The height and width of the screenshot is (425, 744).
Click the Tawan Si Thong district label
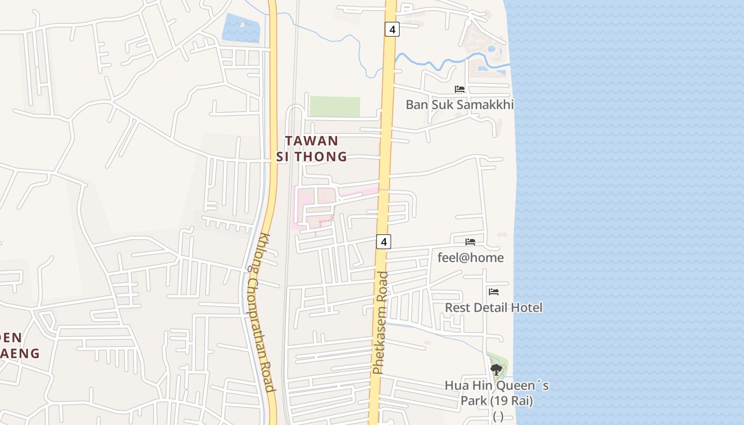(311, 149)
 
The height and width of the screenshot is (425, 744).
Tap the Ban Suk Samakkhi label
(460, 105)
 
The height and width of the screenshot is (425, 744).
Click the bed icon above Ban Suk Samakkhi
(460, 89)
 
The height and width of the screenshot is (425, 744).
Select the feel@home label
(470, 258)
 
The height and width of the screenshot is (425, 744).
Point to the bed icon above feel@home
(470, 242)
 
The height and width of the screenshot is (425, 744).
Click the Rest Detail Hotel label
(494, 308)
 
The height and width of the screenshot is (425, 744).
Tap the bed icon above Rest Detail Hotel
(494, 292)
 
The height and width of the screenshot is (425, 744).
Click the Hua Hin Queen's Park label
(496, 393)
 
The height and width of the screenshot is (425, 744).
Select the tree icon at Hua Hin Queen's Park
(496, 369)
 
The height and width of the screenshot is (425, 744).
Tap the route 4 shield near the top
(392, 29)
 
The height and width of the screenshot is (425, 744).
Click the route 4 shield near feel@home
(384, 242)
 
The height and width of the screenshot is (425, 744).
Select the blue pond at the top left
(240, 28)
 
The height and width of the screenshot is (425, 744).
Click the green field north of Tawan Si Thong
(335, 106)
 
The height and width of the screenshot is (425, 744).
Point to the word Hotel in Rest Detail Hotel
(526, 308)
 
